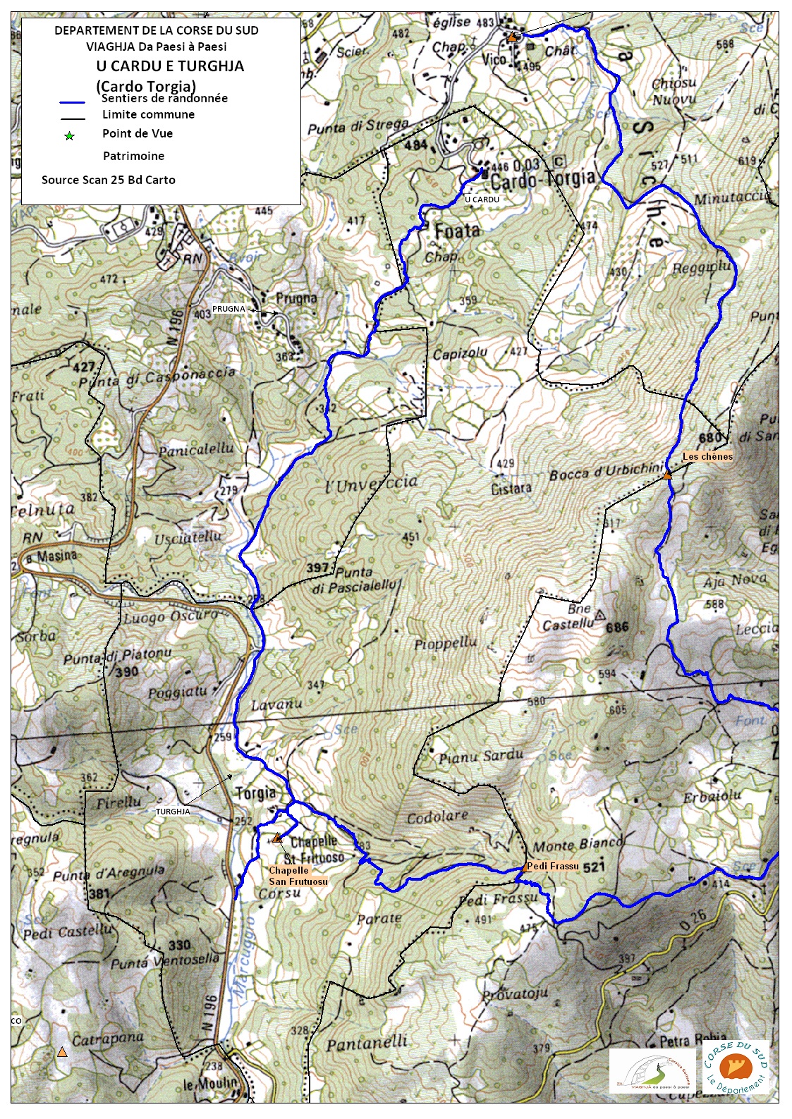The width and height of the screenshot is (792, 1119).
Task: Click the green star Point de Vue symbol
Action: (x=69, y=136)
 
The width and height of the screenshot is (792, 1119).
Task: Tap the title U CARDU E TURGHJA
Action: (x=171, y=66)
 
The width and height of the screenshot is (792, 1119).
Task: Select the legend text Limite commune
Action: (x=148, y=114)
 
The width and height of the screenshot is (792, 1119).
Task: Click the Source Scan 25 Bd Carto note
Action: (x=109, y=180)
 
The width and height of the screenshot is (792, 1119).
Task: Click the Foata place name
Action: (x=457, y=231)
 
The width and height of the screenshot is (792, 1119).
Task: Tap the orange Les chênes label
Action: (x=707, y=457)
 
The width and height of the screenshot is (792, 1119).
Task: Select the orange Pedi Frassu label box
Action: (x=552, y=866)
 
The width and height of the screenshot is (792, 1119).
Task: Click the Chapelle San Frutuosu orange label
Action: (x=298, y=876)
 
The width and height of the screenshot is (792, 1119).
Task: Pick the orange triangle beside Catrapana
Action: (x=62, y=1052)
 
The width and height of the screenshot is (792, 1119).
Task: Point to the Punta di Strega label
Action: (x=358, y=127)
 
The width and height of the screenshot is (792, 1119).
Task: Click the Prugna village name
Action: (x=296, y=298)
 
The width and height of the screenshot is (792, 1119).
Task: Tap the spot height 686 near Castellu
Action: (x=616, y=627)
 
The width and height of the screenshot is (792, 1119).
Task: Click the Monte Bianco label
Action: (x=578, y=844)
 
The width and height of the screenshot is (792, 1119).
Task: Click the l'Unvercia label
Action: (x=372, y=484)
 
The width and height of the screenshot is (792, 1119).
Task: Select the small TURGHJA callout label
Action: (x=173, y=812)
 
